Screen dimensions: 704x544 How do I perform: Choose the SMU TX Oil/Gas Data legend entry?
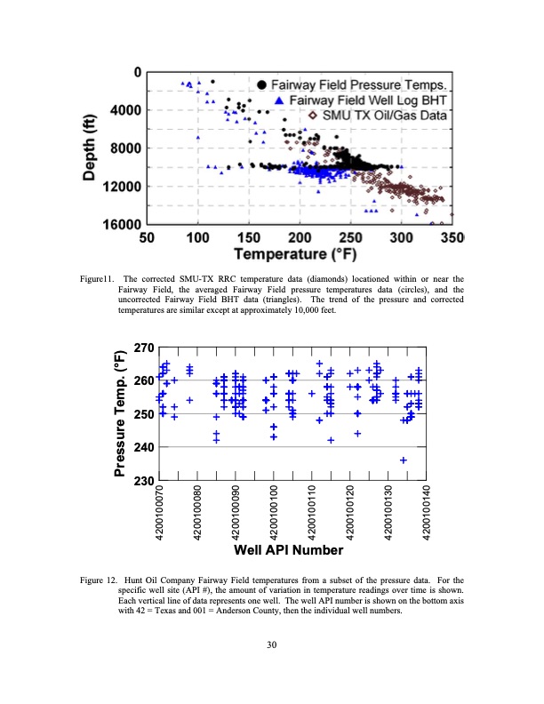(x=383, y=116)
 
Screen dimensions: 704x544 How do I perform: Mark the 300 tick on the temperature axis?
(x=402, y=238)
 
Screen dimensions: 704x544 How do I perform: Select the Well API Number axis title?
(x=288, y=550)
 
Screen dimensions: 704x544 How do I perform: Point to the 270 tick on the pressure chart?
(x=143, y=347)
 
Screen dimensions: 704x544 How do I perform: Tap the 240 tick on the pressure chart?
(x=143, y=447)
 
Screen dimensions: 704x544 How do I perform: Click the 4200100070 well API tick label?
(x=160, y=511)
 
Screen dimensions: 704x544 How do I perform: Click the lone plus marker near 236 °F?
(x=404, y=460)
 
